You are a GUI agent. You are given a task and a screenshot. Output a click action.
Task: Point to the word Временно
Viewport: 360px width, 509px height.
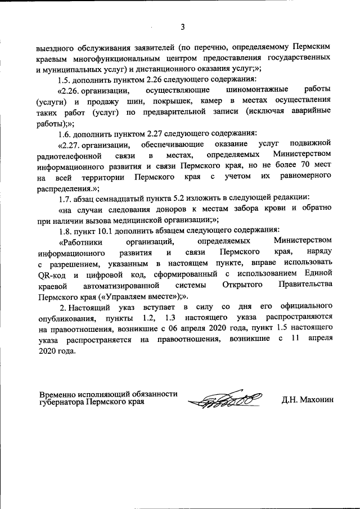[56, 394]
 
